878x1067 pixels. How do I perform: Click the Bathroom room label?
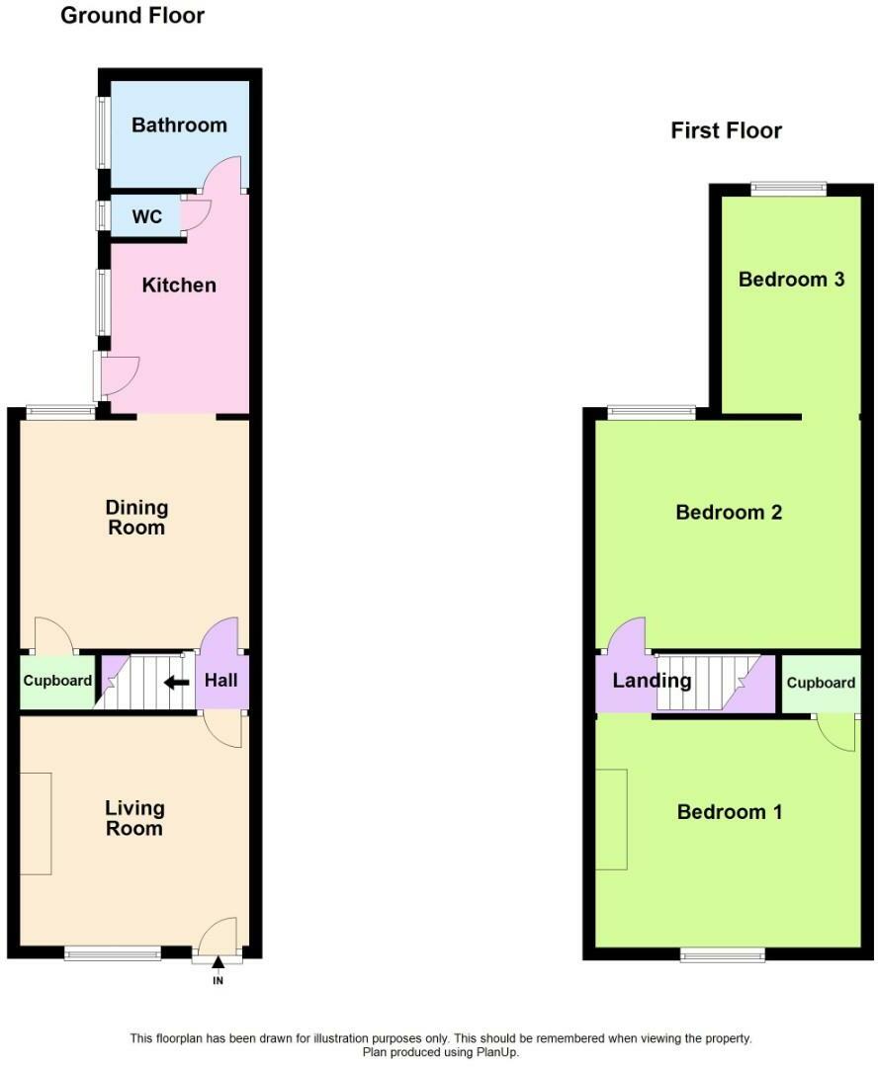[179, 125]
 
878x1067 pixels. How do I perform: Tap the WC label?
[147, 216]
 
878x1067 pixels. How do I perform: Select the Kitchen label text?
[179, 286]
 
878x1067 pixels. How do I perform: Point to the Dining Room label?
[137, 518]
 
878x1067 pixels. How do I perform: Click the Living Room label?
[134, 819]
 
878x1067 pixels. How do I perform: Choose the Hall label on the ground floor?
[220, 681]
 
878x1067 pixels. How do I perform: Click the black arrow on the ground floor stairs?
[177, 682]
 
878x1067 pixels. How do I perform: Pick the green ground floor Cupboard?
[57, 682]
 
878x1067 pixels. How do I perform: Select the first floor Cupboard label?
[821, 683]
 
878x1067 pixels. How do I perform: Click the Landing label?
[652, 681]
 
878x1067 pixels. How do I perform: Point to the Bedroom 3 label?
[791, 280]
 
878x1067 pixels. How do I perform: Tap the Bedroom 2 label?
[729, 513]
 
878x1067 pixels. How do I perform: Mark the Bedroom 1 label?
[730, 812]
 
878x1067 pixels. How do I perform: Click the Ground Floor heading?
[132, 16]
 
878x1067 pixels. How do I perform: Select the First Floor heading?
[726, 130]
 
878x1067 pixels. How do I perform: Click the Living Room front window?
[113, 953]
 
